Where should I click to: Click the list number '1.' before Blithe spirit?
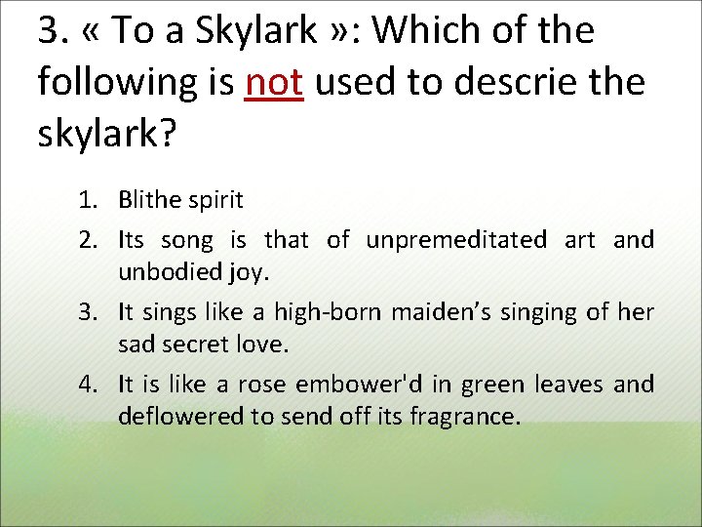(x=91, y=201)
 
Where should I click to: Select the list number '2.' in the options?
(x=91, y=239)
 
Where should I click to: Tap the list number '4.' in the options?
(x=91, y=385)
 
